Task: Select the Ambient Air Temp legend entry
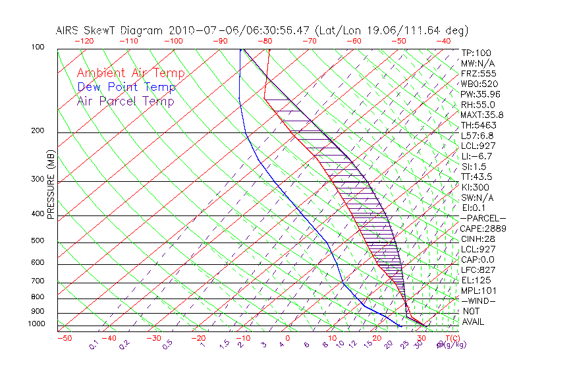point(130,73)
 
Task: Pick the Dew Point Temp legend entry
point(126,87)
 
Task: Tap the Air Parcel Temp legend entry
point(125,101)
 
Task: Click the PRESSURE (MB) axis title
point(51,184)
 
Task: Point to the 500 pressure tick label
point(38,241)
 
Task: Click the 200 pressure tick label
point(38,131)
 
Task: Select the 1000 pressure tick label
point(37,324)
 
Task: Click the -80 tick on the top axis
point(265,41)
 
